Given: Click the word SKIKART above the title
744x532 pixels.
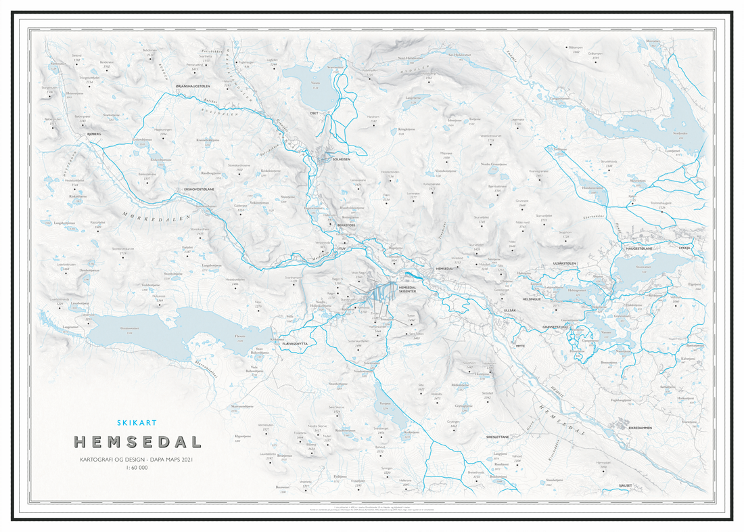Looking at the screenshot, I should [x=137, y=422].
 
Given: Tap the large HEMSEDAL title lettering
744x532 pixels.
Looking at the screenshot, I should [x=137, y=442].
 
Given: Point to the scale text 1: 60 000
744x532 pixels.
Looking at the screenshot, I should [x=137, y=468].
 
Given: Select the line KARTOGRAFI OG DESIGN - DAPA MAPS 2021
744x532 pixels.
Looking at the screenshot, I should [x=137, y=460].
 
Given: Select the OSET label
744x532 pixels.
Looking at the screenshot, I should [x=313, y=113].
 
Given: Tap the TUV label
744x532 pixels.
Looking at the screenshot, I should [x=342, y=248].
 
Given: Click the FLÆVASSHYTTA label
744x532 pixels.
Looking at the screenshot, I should [x=295, y=344].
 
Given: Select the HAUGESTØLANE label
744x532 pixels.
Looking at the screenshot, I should [x=639, y=248].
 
